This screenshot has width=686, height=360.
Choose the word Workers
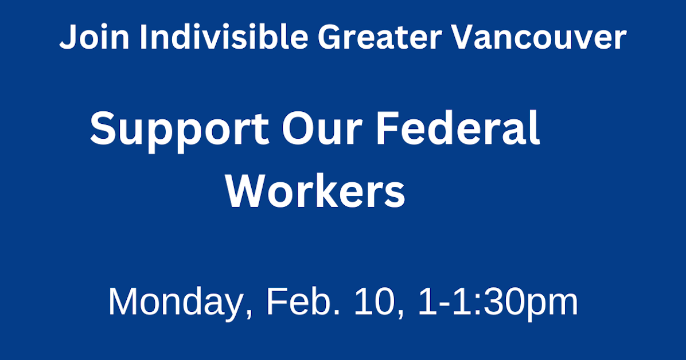[x=315, y=192]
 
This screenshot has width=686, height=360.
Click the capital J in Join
[x=68, y=38]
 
